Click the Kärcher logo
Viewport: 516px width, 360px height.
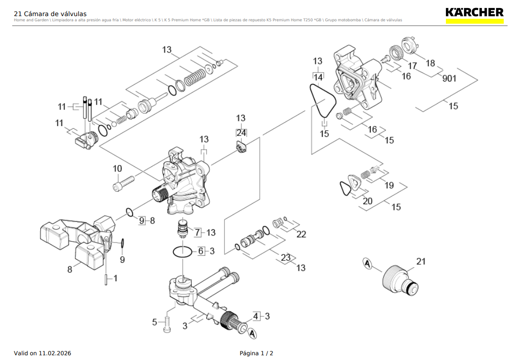[474, 13]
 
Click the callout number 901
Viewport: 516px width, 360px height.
[449, 79]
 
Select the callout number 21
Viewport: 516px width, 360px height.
[421, 261]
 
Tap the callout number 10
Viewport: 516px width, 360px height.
[117, 169]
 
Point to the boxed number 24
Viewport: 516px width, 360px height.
[241, 133]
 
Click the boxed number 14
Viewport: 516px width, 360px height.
[318, 77]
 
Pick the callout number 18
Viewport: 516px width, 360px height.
[430, 63]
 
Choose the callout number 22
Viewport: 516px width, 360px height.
[301, 234]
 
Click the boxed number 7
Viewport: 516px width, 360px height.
[198, 233]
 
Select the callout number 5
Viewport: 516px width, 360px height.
[154, 322]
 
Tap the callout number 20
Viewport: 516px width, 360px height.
[367, 201]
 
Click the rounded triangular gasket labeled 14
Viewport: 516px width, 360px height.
[323, 101]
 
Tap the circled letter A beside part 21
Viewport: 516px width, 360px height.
[367, 263]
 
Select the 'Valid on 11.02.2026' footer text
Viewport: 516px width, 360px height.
[43, 353]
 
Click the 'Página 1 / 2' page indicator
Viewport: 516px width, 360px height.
[257, 353]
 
